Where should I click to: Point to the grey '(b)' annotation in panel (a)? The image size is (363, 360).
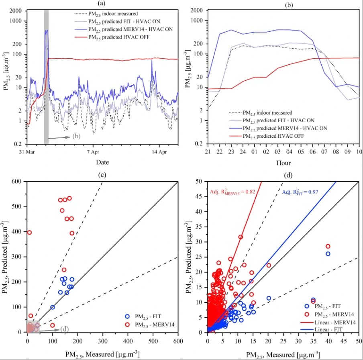point(77,136)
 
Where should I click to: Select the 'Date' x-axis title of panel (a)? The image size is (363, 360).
point(102,162)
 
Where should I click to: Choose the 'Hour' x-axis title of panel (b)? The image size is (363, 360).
point(283,163)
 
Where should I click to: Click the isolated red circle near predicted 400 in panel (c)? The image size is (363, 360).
point(29,232)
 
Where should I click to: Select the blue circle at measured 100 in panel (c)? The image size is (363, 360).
point(53,307)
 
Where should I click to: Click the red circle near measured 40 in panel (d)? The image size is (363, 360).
point(328,246)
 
